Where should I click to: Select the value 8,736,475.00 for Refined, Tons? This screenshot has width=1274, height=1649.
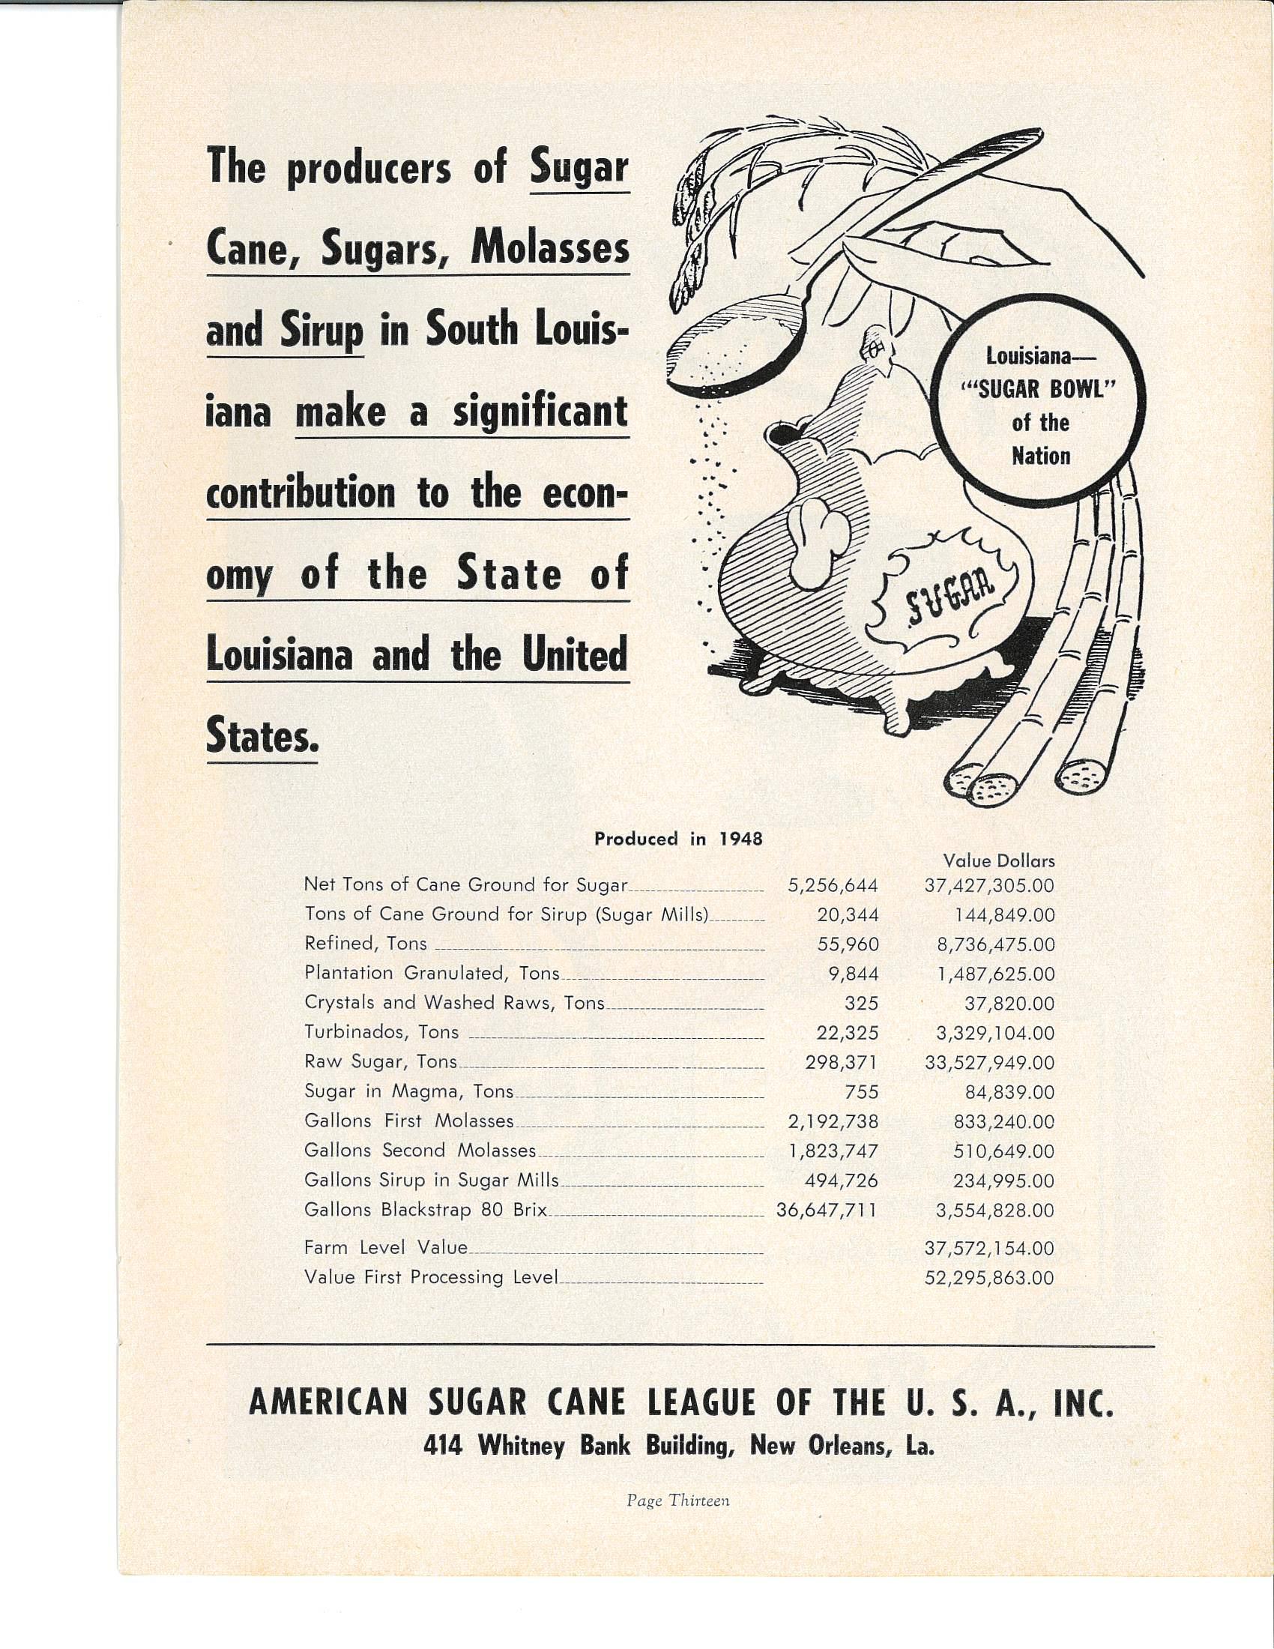coord(989,944)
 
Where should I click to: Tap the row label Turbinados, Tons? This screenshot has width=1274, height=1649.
coord(381,1032)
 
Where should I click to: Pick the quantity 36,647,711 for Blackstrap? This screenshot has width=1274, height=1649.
coord(827,1211)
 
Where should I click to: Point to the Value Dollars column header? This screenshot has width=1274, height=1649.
coord(998,860)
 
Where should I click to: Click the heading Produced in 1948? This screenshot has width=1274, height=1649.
coord(678,838)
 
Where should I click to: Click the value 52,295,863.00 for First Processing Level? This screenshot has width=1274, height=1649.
coord(988,1278)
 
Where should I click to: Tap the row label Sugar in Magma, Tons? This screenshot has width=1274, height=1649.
coord(408,1092)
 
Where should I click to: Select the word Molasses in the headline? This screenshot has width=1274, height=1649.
coord(549,249)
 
